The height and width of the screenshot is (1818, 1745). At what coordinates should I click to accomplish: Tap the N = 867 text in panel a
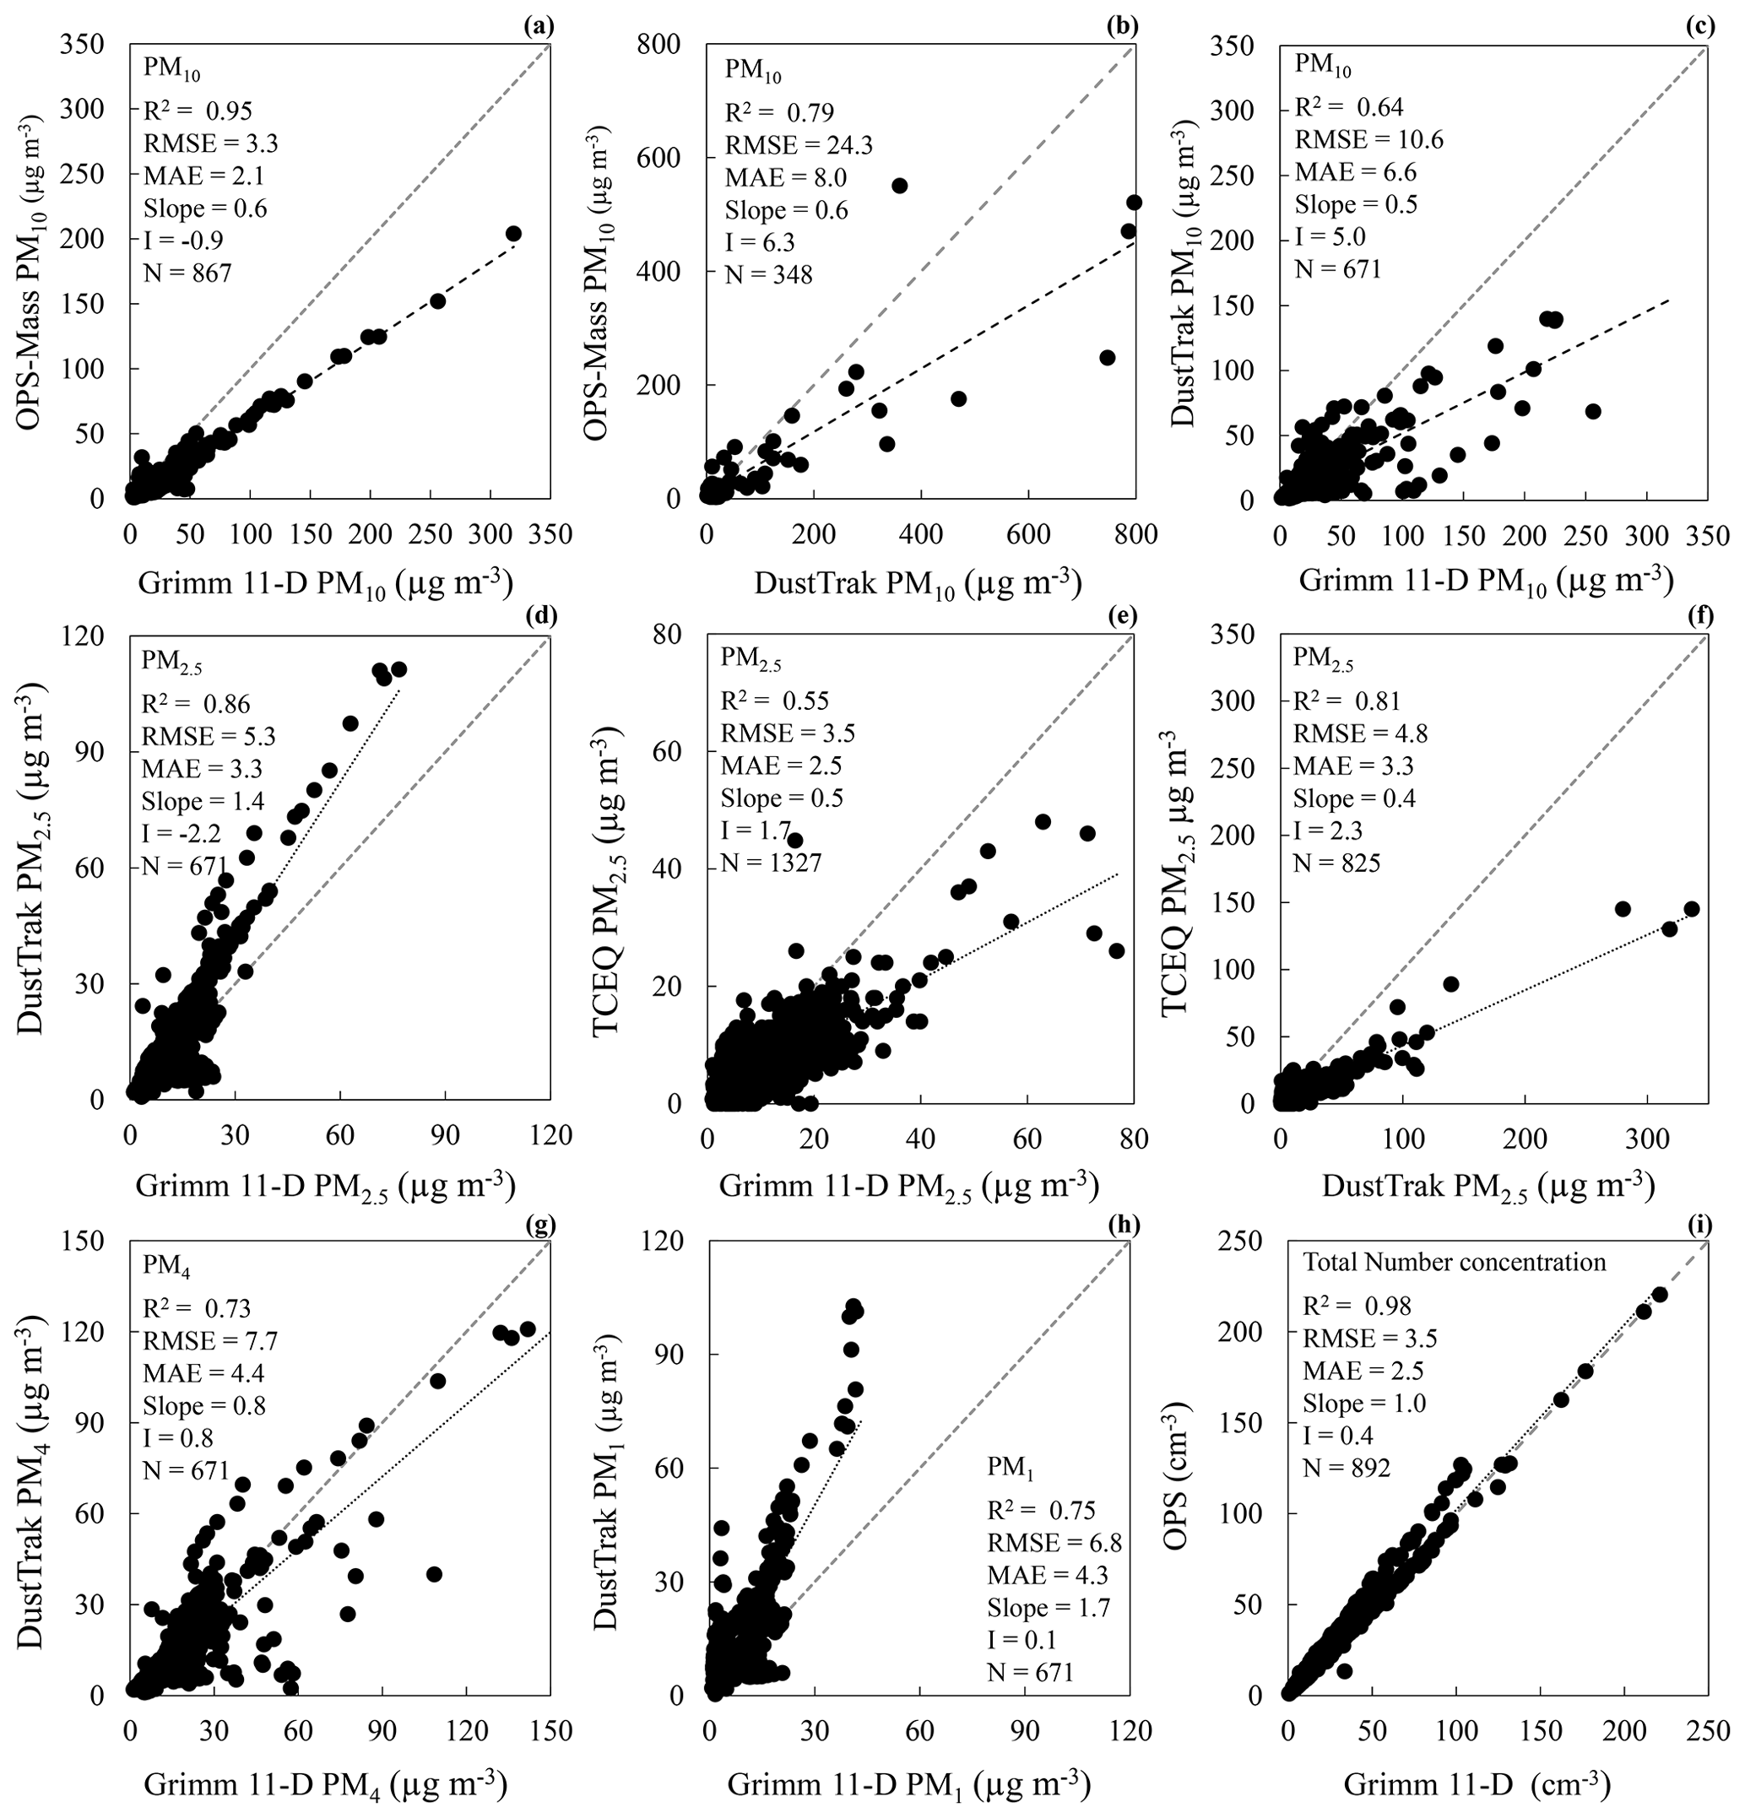[187, 273]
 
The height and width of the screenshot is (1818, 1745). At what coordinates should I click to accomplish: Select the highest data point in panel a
[513, 234]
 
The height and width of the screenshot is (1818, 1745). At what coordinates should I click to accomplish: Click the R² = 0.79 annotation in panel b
[779, 112]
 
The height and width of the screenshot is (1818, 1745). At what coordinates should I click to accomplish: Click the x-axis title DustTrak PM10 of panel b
[918, 583]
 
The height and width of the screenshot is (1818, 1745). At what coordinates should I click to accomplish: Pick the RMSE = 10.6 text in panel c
[1368, 139]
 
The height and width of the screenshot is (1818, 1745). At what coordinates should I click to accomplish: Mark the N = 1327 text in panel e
[772, 863]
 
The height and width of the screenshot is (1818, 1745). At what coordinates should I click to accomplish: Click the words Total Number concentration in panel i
[1454, 1263]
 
